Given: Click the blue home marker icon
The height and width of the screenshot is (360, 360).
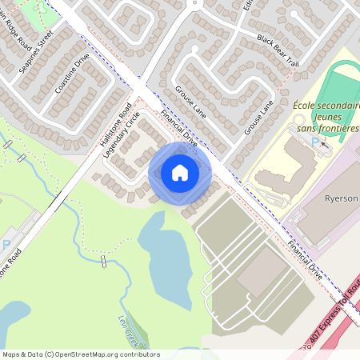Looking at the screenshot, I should (x=180, y=173).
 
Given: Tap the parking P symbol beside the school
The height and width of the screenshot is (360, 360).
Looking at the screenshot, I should (x=315, y=142).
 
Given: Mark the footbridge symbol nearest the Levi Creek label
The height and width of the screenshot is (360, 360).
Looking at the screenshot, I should (x=105, y=262).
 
